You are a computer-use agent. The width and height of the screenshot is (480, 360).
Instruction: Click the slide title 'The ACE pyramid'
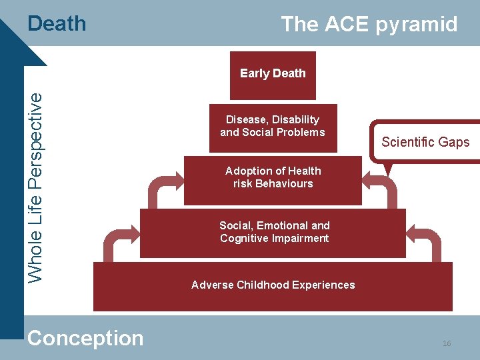(x=369, y=25)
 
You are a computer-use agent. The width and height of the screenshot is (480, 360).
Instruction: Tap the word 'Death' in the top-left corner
(x=57, y=24)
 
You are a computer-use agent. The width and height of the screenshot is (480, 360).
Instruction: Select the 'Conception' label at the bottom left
(x=85, y=338)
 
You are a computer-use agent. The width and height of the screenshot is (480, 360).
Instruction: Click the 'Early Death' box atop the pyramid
(x=273, y=74)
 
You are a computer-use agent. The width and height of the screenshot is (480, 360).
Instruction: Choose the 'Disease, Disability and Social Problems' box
(x=273, y=126)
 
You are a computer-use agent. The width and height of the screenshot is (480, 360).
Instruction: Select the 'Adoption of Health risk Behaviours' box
(x=273, y=177)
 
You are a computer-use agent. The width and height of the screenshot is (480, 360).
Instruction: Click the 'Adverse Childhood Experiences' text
(x=273, y=285)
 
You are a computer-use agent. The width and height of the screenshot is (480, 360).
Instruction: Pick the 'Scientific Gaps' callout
(x=425, y=142)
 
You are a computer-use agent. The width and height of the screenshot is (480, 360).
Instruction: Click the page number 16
(x=446, y=343)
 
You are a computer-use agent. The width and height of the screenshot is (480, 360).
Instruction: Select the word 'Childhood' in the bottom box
(x=263, y=285)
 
